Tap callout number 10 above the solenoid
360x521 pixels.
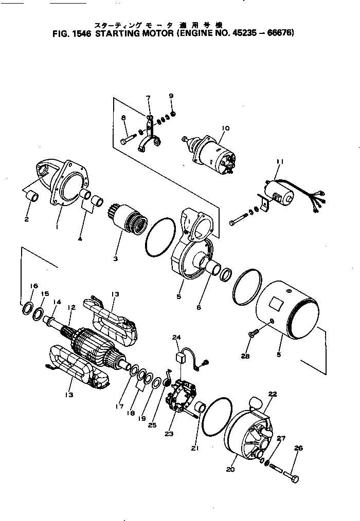click(225, 128)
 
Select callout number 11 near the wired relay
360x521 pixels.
click(279, 162)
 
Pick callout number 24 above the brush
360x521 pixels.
click(177, 338)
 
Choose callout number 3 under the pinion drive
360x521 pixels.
click(115, 258)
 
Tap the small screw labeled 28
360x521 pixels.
click(251, 335)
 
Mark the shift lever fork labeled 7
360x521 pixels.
click(150, 139)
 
